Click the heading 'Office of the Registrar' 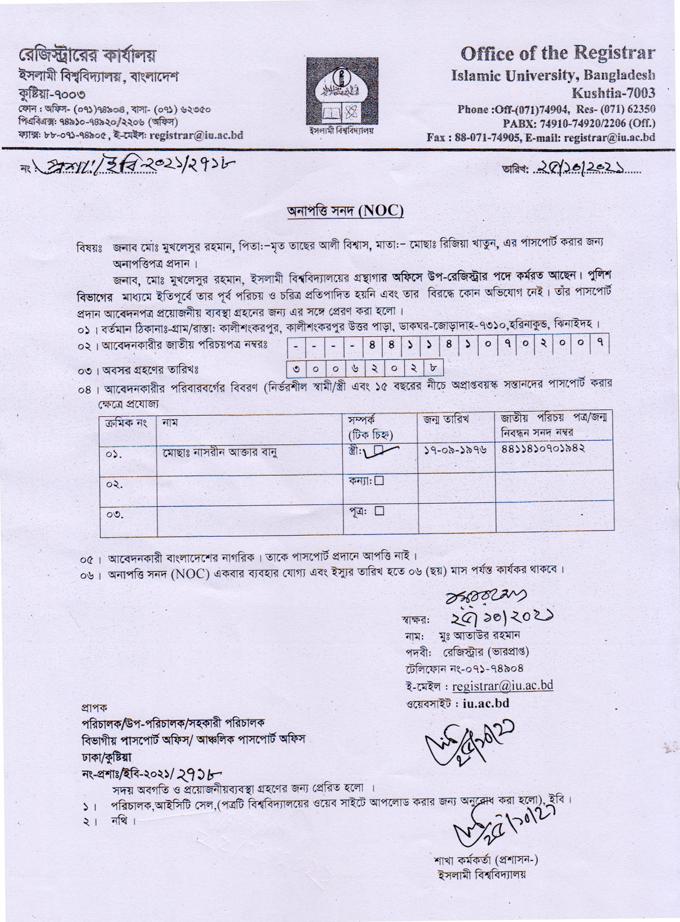tap(558, 54)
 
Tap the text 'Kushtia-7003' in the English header tap(613, 92)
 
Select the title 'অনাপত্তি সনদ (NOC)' tap(345, 211)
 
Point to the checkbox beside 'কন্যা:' tap(379, 481)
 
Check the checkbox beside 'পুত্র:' tap(379, 511)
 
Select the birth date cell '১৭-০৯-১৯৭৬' tap(455, 449)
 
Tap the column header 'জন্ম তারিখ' tap(446, 420)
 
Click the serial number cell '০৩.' tap(114, 514)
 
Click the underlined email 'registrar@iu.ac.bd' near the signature tap(502, 686)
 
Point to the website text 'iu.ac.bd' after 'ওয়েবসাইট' tap(486, 703)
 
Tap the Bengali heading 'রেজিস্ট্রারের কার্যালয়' tap(87, 56)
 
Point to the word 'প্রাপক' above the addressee tap(94, 707)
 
